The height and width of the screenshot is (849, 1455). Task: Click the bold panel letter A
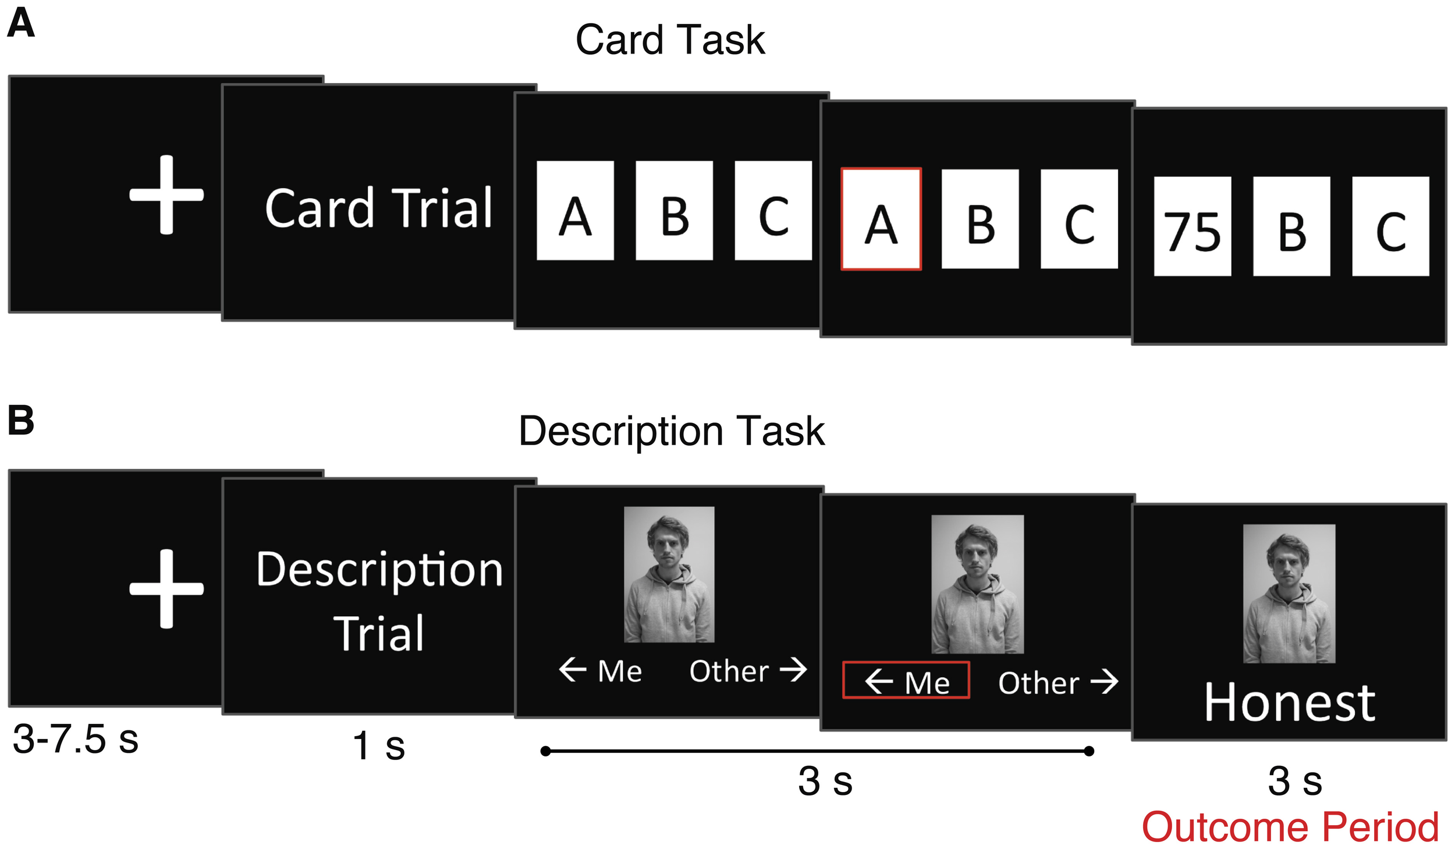click(x=21, y=24)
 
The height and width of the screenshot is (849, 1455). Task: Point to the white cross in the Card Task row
click(x=166, y=194)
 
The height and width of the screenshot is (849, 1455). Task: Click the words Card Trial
click(x=379, y=208)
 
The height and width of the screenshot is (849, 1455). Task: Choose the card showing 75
click(x=1192, y=226)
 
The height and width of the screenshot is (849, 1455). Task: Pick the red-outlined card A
click(x=881, y=219)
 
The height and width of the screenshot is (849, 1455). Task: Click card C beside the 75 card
click(x=1390, y=226)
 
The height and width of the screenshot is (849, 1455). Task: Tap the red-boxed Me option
click(x=906, y=680)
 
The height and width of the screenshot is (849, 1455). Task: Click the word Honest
click(x=1289, y=703)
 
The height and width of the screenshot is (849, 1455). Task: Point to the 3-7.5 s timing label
click(x=76, y=740)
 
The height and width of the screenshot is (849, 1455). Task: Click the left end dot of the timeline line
click(x=545, y=751)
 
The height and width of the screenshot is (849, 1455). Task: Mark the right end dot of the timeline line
click(x=1089, y=751)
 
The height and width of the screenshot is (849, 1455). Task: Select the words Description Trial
click(x=379, y=601)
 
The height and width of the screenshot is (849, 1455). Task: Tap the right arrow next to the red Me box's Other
click(x=1103, y=681)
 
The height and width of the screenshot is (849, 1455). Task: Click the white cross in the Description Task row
click(x=166, y=588)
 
